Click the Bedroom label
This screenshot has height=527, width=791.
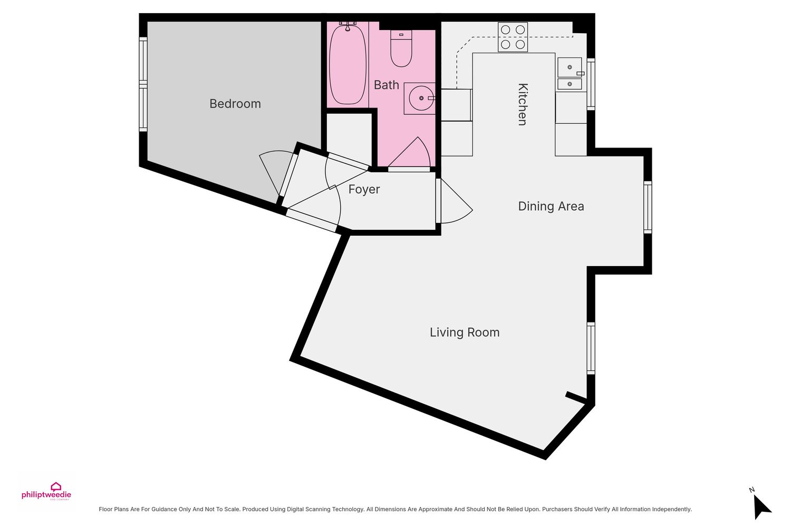[235, 104]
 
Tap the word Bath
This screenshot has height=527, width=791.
[387, 85]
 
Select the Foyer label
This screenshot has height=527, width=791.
[364, 190]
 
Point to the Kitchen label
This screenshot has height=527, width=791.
[523, 104]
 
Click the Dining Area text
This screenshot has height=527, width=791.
[551, 206]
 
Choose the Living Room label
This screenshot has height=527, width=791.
[465, 333]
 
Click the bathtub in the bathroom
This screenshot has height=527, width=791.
[348, 64]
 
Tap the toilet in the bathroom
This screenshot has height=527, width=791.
[401, 48]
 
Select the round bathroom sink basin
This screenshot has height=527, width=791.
[421, 98]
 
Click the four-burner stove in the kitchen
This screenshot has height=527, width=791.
[513, 37]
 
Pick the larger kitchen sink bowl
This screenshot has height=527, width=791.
[570, 67]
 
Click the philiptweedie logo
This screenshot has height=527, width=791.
[46, 492]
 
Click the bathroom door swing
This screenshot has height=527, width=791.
[410, 152]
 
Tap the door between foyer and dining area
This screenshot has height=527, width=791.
[456, 201]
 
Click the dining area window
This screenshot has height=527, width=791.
[647, 207]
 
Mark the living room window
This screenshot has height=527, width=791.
[591, 348]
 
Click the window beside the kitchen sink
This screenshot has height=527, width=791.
[591, 84]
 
